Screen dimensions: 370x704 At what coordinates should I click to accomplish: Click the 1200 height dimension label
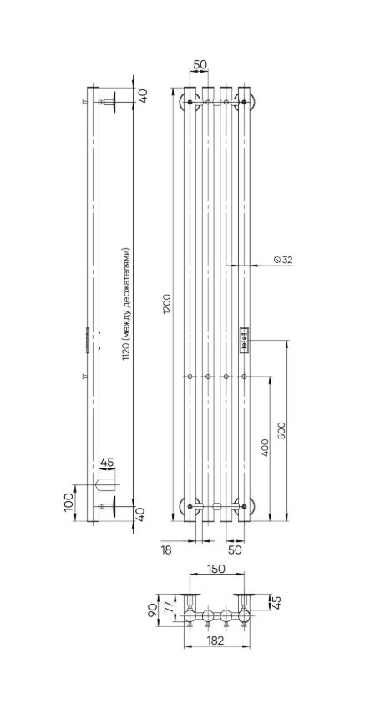coord(166,305)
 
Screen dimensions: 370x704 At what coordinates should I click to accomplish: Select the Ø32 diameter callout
coord(282,259)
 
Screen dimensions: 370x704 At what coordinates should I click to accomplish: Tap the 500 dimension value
coord(281,430)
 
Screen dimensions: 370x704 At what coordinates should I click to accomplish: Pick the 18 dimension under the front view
coord(166,550)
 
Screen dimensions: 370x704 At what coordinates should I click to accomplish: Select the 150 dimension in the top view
coord(217,569)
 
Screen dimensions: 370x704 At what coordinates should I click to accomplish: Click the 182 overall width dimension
coord(216,641)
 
